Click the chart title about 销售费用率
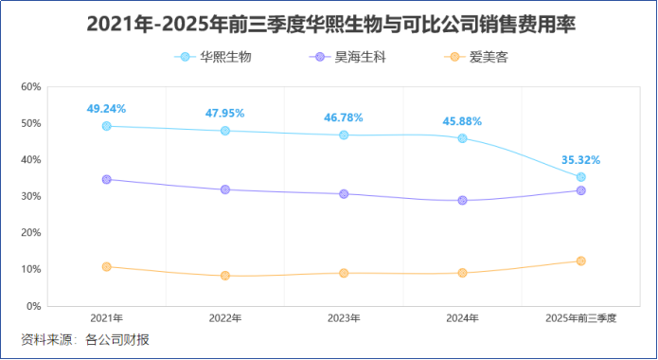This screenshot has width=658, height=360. click(330, 24)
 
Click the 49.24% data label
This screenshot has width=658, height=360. click(106, 109)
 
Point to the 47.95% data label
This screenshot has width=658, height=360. click(224, 114)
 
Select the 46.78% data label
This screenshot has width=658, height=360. click(344, 118)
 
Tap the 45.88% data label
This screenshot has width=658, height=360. click(462, 121)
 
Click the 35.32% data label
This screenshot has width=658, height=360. click(580, 160)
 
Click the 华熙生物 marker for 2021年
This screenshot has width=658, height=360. click(106, 126)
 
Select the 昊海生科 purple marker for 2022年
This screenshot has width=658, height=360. click(225, 189)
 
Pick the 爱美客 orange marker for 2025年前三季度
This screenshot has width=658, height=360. click(580, 261)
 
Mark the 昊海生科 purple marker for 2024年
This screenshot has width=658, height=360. click(462, 200)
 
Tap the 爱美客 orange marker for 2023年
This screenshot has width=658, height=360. click(344, 273)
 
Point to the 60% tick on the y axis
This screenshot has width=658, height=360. click(31, 87)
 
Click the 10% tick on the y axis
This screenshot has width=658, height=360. click(31, 270)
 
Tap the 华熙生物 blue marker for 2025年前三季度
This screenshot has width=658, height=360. click(580, 177)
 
